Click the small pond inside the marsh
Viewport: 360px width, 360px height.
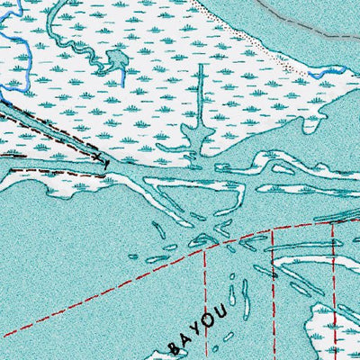[114, 61]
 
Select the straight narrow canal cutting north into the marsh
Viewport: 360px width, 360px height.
[199, 99]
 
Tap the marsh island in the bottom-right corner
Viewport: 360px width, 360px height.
[333, 328]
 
